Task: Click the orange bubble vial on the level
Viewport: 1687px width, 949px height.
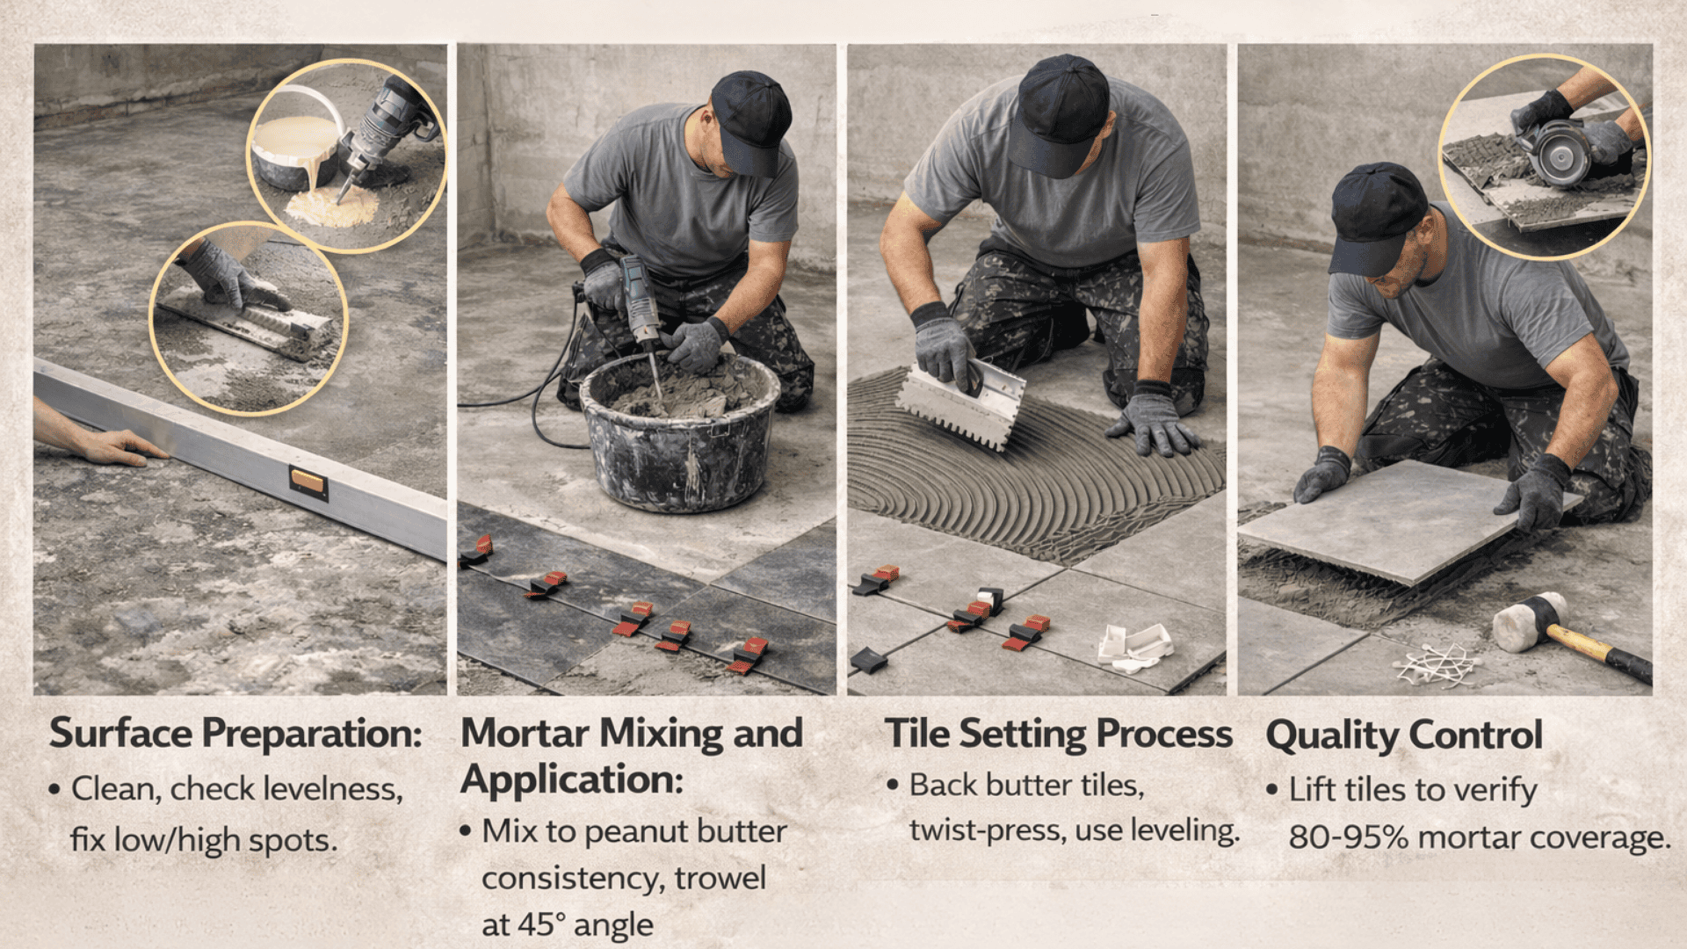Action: click(308, 482)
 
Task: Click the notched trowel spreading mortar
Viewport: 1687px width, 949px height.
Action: click(962, 402)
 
